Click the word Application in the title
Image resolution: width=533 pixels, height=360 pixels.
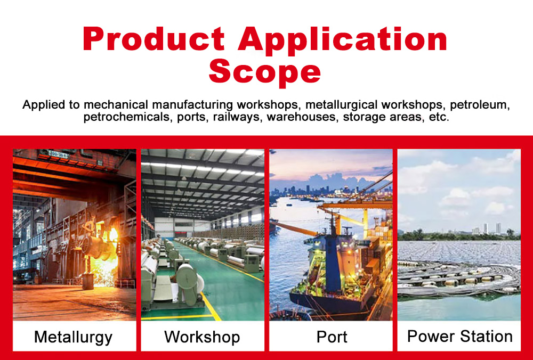pyautogui.click(x=343, y=39)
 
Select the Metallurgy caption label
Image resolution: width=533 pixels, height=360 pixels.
pyautogui.click(x=73, y=337)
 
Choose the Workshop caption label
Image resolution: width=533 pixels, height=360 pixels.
pyautogui.click(x=202, y=337)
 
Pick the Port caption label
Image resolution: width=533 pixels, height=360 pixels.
pyautogui.click(x=332, y=337)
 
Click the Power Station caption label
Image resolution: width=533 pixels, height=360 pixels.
pyautogui.click(x=459, y=337)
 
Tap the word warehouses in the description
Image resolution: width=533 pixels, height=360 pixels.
pyautogui.click(x=302, y=117)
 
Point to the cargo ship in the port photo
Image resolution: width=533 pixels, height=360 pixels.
pyautogui.click(x=330, y=266)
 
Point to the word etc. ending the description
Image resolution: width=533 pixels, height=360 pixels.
pyautogui.click(x=439, y=117)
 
